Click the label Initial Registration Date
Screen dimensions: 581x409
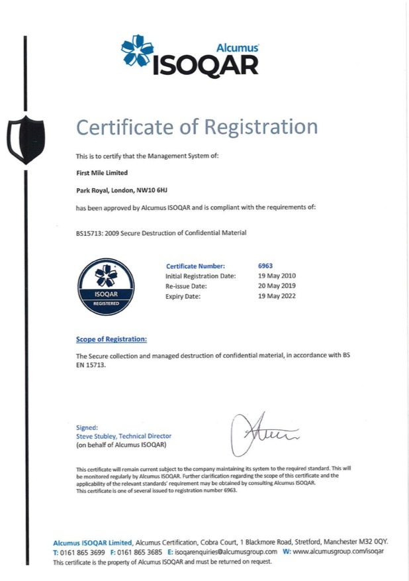click(200, 276)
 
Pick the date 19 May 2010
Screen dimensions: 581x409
click(277, 276)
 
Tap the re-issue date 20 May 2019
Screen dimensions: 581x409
click(277, 286)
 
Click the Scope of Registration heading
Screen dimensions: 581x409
click(111, 339)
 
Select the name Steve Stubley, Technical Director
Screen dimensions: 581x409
click(124, 436)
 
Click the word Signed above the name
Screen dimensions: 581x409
click(87, 427)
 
